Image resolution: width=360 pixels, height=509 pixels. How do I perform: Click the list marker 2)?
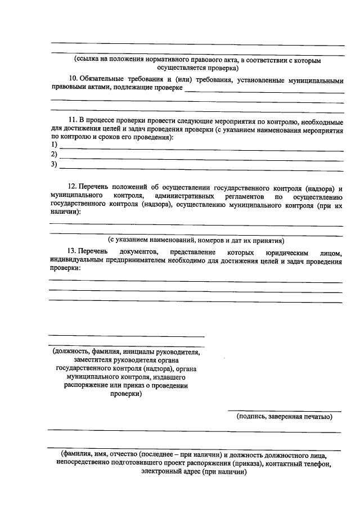[54, 155]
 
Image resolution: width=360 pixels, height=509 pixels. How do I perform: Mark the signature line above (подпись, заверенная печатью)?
[284, 412]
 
